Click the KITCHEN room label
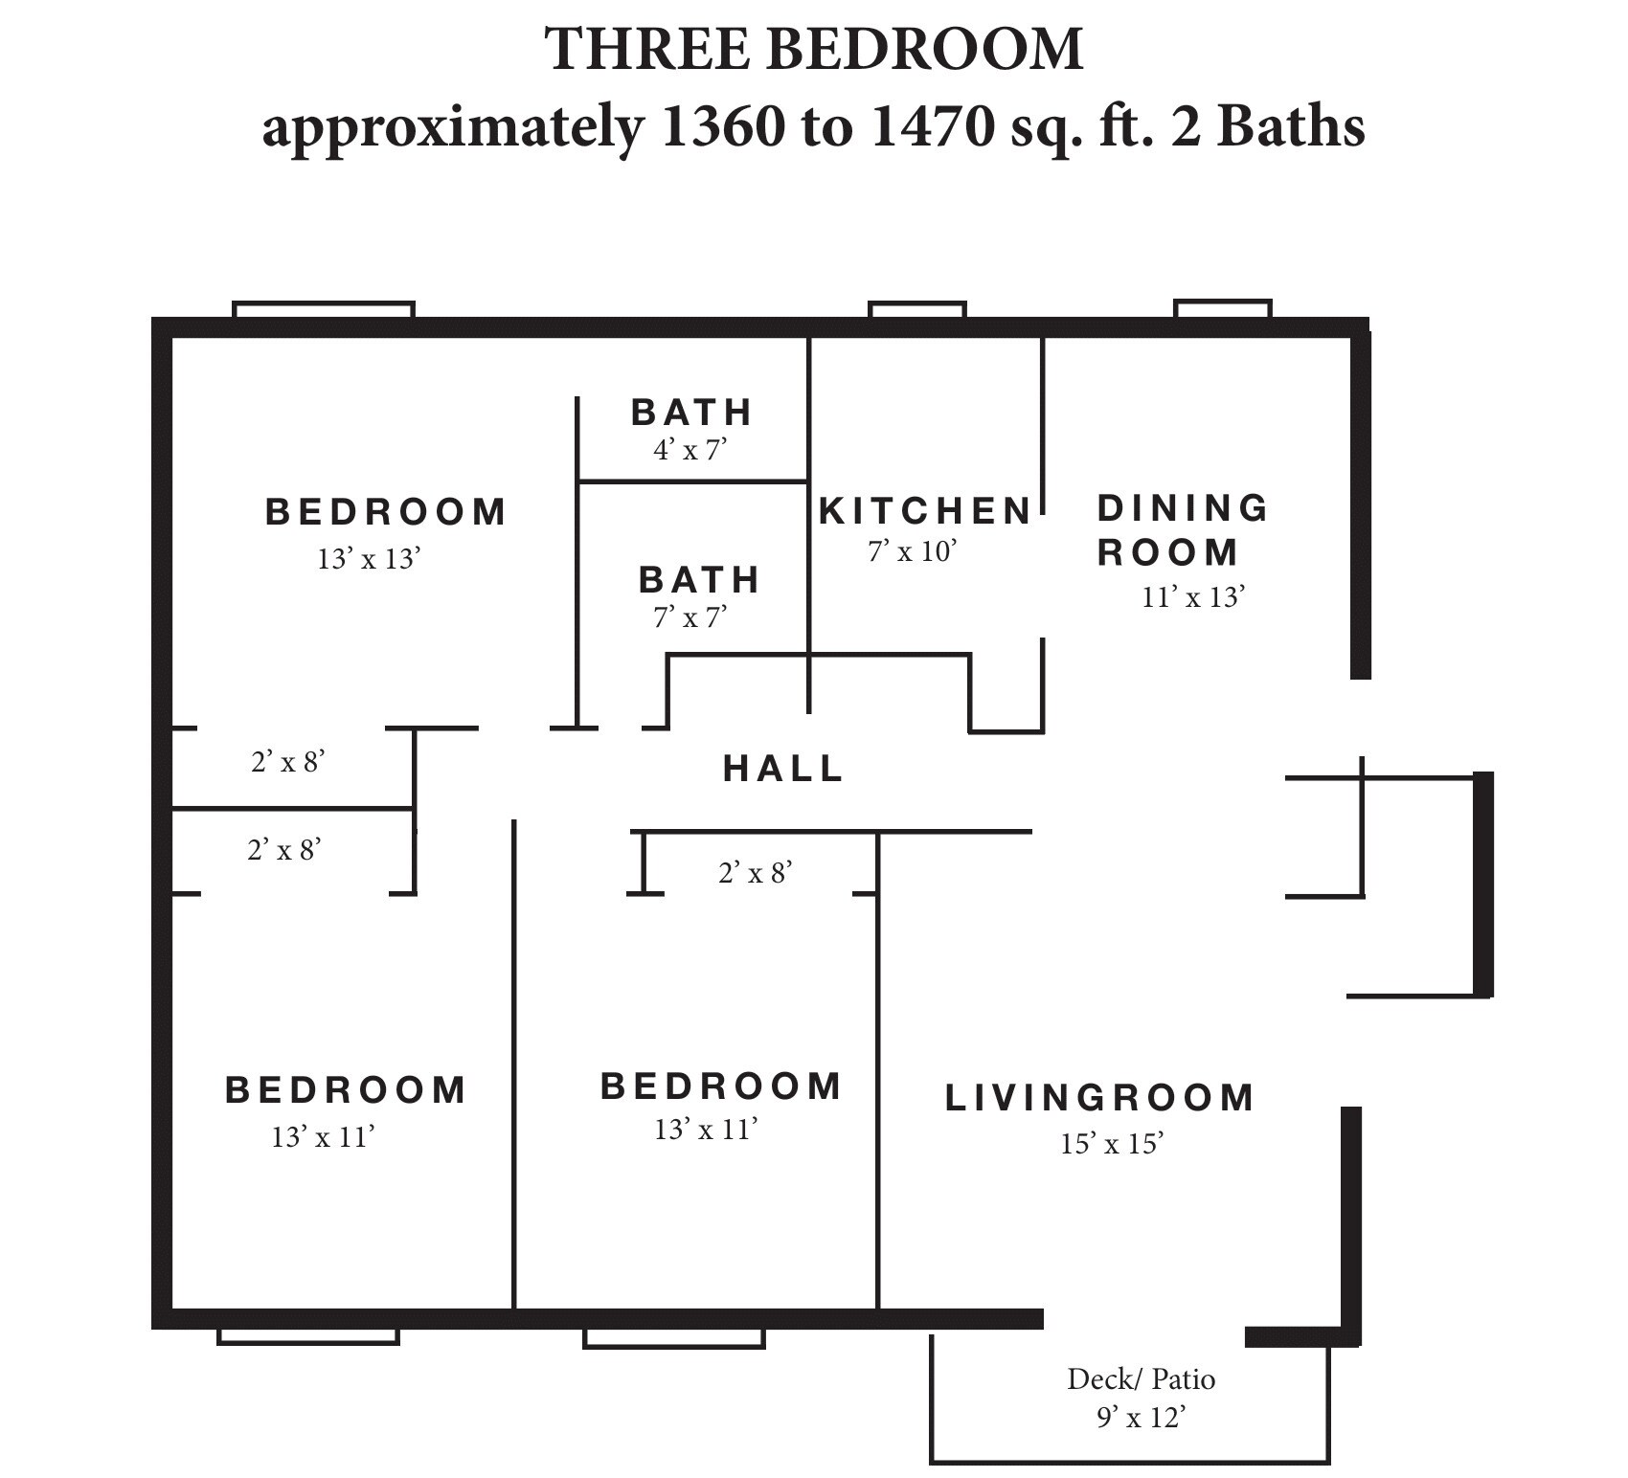(x=925, y=511)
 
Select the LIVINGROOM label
(x=1099, y=1098)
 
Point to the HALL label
(x=783, y=768)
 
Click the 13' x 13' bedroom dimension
(x=369, y=559)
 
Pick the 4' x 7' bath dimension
(x=690, y=449)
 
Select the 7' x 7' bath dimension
(x=690, y=617)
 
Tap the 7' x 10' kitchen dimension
(x=913, y=551)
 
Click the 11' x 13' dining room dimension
(x=1192, y=597)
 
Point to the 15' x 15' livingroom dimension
(x=1111, y=1144)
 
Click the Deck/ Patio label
(x=1141, y=1379)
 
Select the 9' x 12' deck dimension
(x=1141, y=1417)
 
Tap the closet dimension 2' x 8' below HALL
(x=756, y=872)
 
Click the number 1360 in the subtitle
(x=721, y=127)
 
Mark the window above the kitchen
(x=916, y=310)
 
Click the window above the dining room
(x=1223, y=309)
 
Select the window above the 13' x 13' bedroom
(x=324, y=310)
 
